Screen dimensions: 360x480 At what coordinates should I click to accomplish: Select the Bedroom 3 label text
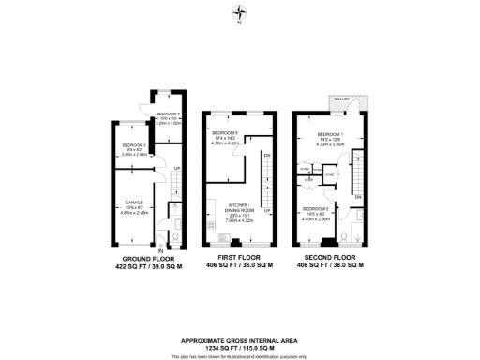pos(134,145)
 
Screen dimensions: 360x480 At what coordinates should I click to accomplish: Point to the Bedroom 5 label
pos(225,133)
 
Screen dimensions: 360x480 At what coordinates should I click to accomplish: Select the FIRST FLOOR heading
pos(239,257)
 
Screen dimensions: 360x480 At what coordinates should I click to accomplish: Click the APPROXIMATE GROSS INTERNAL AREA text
pos(240,340)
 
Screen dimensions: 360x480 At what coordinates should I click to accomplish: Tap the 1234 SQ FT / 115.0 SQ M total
pos(240,347)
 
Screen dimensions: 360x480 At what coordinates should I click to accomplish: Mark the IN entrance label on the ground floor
pos(160,251)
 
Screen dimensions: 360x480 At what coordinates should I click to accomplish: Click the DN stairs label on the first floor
pos(266,155)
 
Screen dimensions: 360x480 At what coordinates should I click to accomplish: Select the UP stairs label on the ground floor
pos(177,169)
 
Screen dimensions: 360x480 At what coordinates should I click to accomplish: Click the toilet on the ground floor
pos(175,224)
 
